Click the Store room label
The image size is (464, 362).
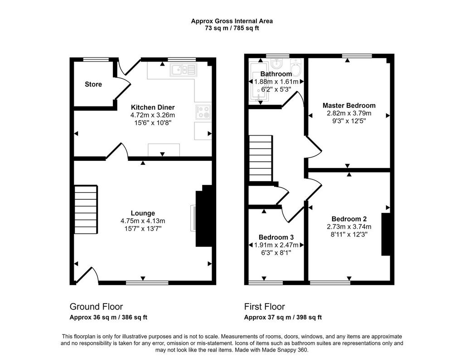93,84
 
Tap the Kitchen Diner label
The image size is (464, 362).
153,107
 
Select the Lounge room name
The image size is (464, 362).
143,213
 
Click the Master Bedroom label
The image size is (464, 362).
349,106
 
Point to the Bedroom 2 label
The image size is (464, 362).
349,219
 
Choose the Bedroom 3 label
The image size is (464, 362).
276,237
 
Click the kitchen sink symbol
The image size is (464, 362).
184,70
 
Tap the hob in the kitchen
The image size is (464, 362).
203,112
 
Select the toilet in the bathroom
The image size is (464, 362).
295,68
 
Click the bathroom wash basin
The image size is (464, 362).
277,63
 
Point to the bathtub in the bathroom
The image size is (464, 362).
259,82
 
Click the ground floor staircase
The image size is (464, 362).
86,210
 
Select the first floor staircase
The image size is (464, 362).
261,159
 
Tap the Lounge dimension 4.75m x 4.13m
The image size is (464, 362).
143,221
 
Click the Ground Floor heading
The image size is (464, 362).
96,307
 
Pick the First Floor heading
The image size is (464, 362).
265,307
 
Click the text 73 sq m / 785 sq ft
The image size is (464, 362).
232,29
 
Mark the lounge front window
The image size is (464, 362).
147,283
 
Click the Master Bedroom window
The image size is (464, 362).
357,56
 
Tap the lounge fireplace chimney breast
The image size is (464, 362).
204,216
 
